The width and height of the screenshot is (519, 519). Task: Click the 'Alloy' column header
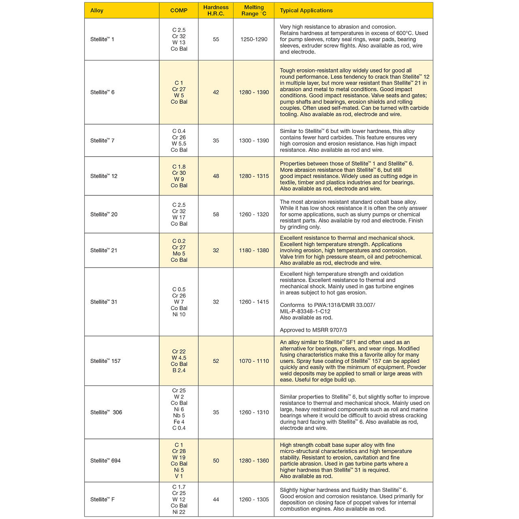97,11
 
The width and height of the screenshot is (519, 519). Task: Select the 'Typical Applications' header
306,11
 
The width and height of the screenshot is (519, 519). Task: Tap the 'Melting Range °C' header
254,11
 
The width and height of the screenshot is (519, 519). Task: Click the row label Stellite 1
102,39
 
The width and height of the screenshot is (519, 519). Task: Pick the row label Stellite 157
105,361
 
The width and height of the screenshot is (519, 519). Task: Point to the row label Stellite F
103,500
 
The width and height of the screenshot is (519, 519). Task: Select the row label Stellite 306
106,412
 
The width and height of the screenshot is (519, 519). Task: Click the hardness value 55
216,39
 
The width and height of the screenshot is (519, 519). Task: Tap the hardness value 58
216,214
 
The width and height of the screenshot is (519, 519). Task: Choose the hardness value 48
216,176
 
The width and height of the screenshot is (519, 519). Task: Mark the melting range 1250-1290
254,39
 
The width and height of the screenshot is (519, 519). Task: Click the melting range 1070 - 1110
254,361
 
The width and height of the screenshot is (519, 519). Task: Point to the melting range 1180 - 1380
254,251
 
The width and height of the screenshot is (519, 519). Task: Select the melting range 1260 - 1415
254,302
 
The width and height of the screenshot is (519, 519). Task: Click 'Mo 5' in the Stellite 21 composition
179,254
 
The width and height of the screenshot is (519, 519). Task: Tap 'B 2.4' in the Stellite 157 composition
179,370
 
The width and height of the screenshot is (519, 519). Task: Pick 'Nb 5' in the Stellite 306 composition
179,416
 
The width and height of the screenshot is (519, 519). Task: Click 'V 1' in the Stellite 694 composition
179,476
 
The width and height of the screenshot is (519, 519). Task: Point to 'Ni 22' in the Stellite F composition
179,512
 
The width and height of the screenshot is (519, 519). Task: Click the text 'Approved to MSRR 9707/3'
313,330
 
